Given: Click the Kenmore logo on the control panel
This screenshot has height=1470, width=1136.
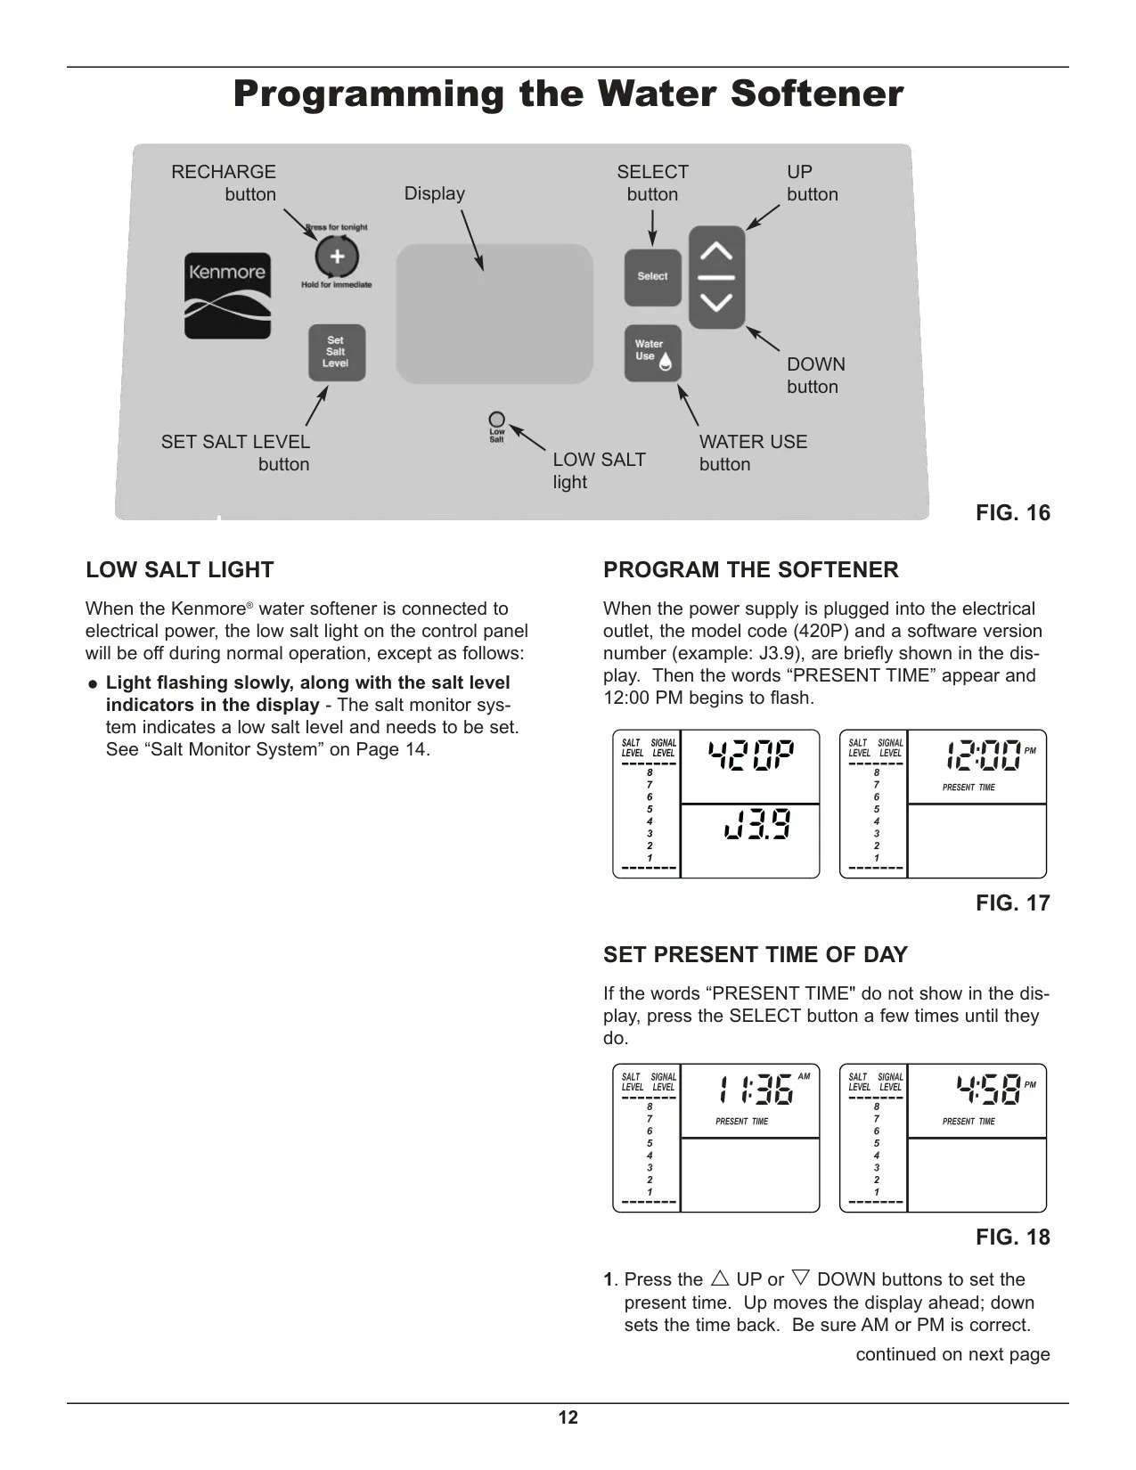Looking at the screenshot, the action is [227, 296].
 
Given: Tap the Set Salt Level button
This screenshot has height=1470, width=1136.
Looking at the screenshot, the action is [337, 353].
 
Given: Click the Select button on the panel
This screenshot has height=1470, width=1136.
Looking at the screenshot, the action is [652, 277].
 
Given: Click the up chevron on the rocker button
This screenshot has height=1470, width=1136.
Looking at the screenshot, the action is [716, 251].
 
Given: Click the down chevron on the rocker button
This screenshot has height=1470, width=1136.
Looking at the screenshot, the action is [716, 302].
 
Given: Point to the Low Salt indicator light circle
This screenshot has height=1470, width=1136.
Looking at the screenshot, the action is [496, 420].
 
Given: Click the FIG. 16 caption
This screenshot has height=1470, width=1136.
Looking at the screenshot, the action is [1012, 513].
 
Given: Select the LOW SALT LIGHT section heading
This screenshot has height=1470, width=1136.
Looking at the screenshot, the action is [179, 569].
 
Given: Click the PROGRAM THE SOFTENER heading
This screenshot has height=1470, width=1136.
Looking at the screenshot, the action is [751, 569].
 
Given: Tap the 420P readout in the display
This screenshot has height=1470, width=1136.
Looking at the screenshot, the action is [750, 755].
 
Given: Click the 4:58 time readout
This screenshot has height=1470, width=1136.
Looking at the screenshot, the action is [988, 1090].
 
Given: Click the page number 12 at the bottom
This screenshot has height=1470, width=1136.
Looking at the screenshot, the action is [568, 1417].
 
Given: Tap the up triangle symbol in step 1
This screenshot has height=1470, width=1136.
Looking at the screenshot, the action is [720, 1278].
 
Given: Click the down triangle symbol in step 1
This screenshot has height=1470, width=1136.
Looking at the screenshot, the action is [800, 1278].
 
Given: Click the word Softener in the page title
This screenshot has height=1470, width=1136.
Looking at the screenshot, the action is [817, 94].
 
